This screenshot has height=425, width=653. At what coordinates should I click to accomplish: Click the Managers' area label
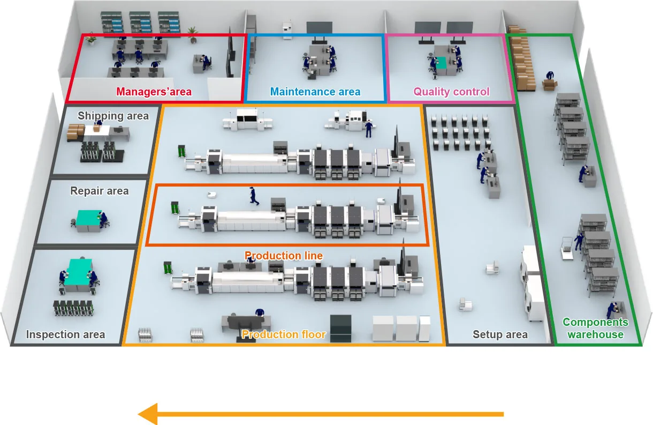click(x=154, y=92)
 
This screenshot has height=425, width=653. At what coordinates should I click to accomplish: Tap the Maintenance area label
click(x=315, y=92)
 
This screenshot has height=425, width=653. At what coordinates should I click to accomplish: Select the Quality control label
click(x=451, y=92)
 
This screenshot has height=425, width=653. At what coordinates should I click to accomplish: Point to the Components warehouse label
click(x=595, y=328)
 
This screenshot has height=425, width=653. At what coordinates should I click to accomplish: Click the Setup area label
click(x=500, y=335)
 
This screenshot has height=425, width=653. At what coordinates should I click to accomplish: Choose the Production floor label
click(x=284, y=334)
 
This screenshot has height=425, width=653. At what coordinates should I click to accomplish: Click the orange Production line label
click(x=284, y=256)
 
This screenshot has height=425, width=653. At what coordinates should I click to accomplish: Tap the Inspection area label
click(x=65, y=335)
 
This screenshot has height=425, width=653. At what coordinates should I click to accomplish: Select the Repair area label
click(x=100, y=191)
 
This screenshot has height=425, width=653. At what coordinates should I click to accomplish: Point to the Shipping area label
click(x=113, y=115)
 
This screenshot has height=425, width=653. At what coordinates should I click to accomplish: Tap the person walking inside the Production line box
click(x=253, y=196)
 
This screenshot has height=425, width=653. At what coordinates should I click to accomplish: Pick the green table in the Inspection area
click(x=80, y=270)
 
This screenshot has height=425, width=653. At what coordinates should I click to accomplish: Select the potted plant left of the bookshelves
click(x=92, y=38)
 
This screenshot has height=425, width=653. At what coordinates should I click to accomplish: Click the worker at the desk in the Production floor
click(x=260, y=314)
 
